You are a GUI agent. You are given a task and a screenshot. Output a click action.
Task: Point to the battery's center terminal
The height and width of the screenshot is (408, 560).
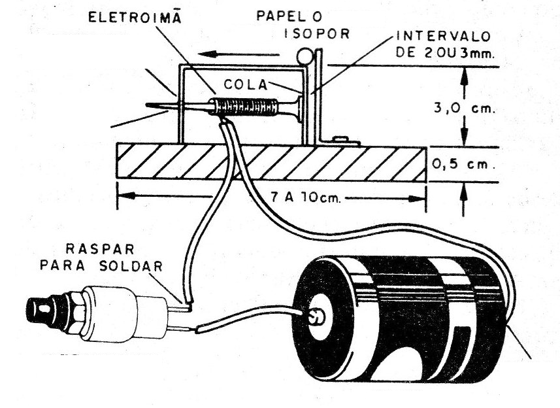[x=316, y=318]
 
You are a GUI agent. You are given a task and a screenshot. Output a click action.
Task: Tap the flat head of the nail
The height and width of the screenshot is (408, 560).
[x=299, y=108]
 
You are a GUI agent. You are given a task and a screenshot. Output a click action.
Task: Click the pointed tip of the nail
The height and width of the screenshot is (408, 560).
[x=149, y=105]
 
